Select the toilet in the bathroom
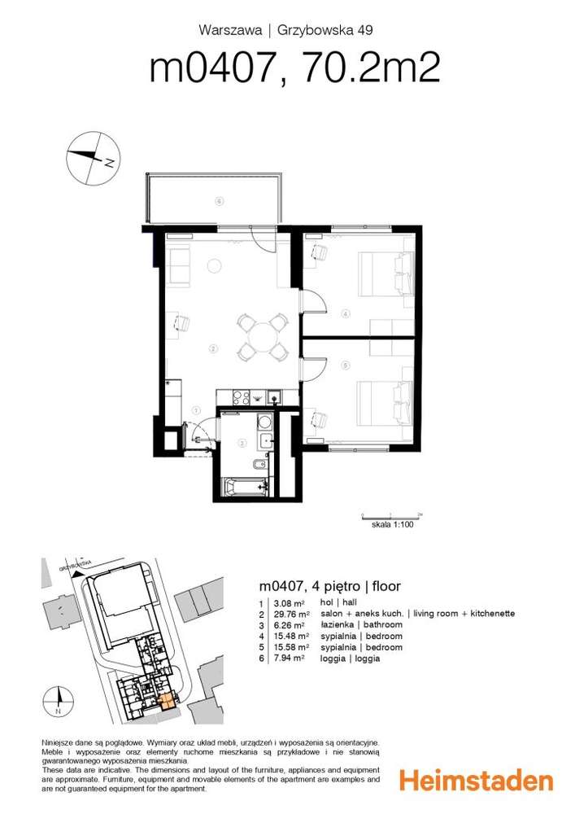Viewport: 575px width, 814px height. (x=257, y=466)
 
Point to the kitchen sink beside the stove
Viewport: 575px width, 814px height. (x=275, y=397)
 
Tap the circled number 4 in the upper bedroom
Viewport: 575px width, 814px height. (x=345, y=313)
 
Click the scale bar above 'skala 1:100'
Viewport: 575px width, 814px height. (x=391, y=517)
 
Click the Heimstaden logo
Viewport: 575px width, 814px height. (x=476, y=781)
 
